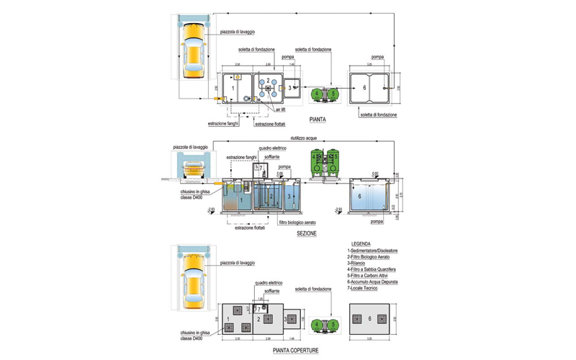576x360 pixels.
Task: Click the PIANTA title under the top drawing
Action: coord(318,119)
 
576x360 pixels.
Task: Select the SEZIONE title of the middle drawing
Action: coord(307,234)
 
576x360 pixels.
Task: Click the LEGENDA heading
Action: coord(361,243)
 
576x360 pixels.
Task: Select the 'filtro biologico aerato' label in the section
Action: coord(297,222)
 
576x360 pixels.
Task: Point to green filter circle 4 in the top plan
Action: coord(317,93)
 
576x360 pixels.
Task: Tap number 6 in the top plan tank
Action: coord(364,87)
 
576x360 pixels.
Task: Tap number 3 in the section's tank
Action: coord(289,195)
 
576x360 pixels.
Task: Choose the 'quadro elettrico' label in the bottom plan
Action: coord(269,284)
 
